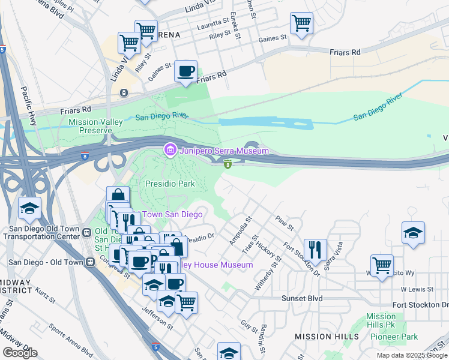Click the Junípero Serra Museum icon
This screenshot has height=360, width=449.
(170, 149)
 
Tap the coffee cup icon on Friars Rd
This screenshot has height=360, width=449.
(186, 71)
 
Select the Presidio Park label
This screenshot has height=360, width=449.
(170, 184)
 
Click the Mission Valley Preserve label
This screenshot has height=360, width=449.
(95, 126)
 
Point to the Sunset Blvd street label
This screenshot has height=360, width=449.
(302, 298)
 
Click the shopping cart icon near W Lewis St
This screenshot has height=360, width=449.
(382, 265)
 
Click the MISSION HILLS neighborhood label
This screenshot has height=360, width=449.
(327, 337)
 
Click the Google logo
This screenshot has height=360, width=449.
(20, 353)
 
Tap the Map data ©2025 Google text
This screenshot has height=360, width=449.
(411, 355)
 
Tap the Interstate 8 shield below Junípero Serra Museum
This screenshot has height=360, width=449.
(228, 164)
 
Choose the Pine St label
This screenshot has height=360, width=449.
(285, 224)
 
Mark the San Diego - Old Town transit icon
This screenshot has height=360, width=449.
(91, 262)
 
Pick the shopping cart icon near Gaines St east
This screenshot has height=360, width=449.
(301, 23)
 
